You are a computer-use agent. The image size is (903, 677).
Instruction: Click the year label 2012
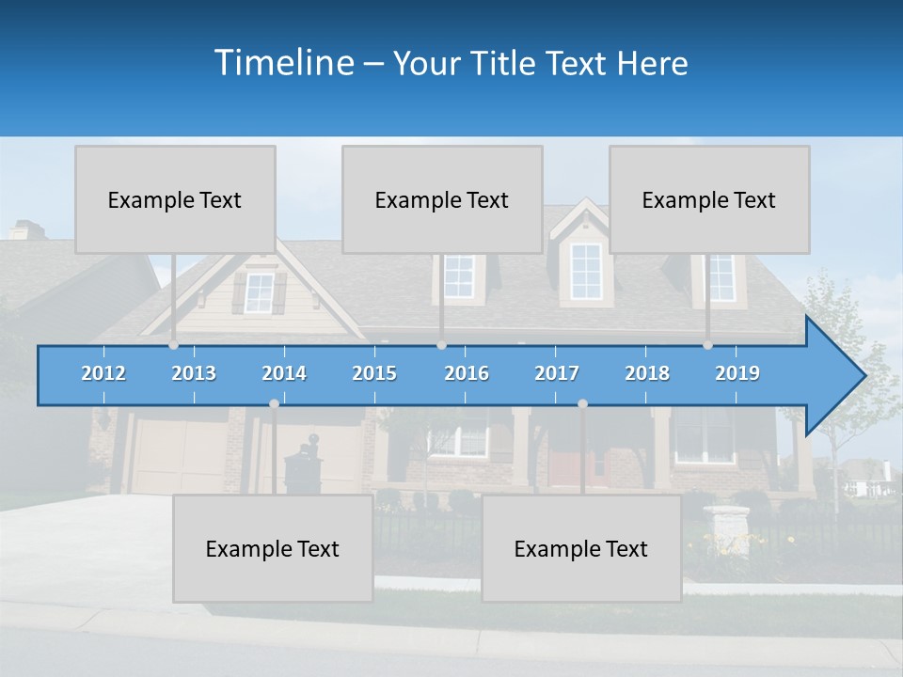(103, 373)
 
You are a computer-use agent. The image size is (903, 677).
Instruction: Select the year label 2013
(194, 373)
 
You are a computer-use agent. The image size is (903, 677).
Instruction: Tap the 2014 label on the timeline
(284, 373)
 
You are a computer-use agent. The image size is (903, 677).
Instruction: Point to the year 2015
(374, 373)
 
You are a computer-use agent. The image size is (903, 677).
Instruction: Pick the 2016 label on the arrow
(467, 373)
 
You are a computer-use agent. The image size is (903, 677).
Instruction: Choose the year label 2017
(557, 373)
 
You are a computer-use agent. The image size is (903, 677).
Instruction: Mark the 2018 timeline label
(647, 373)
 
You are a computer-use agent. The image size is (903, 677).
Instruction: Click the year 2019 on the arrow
(737, 373)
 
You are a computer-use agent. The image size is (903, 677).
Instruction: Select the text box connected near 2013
(175, 199)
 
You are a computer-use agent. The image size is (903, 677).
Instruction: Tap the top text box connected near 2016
(442, 199)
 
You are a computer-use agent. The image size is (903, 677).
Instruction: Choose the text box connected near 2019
(709, 199)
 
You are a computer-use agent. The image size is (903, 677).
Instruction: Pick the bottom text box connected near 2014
(273, 548)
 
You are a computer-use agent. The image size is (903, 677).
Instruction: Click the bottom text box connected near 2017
(581, 548)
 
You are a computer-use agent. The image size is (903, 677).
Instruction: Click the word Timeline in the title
(283, 63)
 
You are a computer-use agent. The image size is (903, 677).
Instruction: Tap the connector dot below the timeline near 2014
(274, 403)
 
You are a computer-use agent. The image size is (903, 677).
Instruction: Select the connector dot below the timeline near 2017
(582, 403)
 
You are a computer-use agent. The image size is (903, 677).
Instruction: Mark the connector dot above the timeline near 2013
(173, 345)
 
